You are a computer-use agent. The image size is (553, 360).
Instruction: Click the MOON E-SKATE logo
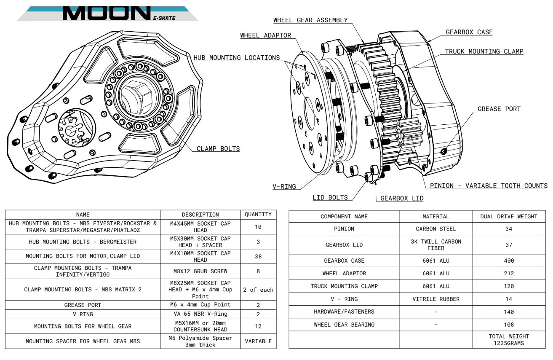pyautogui.click(x=107, y=13)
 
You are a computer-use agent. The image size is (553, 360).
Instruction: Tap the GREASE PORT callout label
pyautogui.click(x=499, y=109)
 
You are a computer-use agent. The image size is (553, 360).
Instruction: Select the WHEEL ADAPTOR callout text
pyautogui.click(x=266, y=35)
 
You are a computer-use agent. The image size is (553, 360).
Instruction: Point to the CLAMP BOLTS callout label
pyautogui.click(x=218, y=148)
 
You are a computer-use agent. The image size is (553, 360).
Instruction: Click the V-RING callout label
pyautogui.click(x=284, y=187)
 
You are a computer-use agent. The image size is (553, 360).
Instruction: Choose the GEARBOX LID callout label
pyautogui.click(x=402, y=198)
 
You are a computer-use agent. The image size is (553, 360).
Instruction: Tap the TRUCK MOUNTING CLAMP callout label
pyautogui.click(x=484, y=51)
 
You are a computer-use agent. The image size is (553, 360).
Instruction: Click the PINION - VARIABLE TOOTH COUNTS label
pyautogui.click(x=489, y=186)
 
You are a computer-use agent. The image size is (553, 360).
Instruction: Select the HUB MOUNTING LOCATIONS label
pyautogui.click(x=237, y=58)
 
